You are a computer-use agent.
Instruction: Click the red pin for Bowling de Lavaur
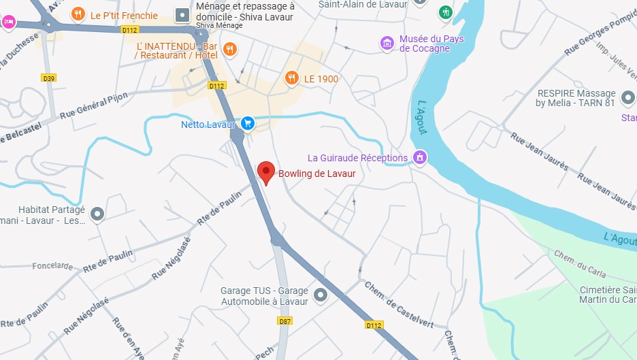click(266, 172)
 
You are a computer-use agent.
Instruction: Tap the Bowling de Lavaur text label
click(316, 174)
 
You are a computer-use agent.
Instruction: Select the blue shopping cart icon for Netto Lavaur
click(248, 124)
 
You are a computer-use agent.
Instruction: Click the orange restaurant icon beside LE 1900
click(292, 78)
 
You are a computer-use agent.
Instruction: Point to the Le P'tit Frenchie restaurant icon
click(78, 14)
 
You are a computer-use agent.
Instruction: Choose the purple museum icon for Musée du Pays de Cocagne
click(387, 44)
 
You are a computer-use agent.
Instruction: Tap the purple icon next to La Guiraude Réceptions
click(421, 158)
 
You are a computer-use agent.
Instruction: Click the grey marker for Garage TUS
click(320, 295)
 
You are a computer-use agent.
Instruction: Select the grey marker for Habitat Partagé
click(97, 214)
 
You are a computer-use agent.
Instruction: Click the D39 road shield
click(48, 78)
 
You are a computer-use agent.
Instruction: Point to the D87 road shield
click(284, 321)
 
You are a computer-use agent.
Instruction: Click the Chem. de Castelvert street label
click(399, 305)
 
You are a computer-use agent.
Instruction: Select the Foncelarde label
click(52, 266)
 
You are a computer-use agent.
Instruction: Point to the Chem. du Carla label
click(580, 265)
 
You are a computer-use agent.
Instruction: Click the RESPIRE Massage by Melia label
click(576, 98)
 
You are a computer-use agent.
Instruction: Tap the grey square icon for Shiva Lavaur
click(182, 14)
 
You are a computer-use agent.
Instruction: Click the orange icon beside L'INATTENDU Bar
click(230, 49)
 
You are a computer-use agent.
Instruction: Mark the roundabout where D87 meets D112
click(276, 239)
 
